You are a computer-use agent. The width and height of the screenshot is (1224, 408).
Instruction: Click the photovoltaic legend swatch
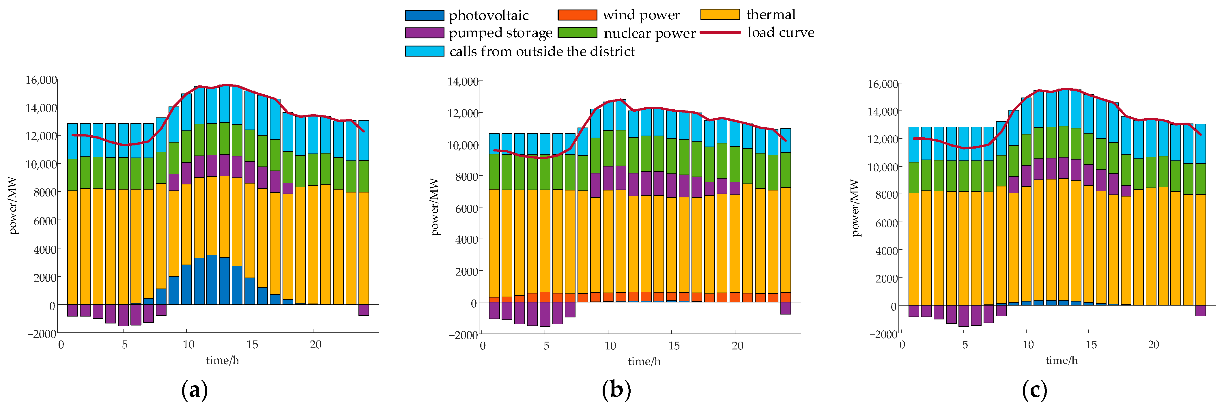424,16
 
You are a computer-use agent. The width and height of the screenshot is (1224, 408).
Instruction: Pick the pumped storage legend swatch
424,33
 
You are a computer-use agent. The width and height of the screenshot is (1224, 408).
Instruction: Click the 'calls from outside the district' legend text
542,51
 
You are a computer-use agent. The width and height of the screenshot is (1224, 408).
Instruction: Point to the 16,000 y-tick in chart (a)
41,80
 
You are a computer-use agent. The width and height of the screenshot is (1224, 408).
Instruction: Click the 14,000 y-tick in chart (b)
463,82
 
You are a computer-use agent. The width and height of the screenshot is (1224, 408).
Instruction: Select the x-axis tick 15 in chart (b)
674,346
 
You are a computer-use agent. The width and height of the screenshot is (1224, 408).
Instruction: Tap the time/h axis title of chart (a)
222,360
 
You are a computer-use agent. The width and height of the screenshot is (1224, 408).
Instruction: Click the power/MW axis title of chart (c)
855,207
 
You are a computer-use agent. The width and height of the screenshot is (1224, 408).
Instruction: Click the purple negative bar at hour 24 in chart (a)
363,310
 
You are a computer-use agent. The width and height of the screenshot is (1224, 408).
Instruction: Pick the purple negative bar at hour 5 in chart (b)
545,315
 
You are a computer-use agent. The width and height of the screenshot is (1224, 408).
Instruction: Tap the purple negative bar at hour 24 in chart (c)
1200,311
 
